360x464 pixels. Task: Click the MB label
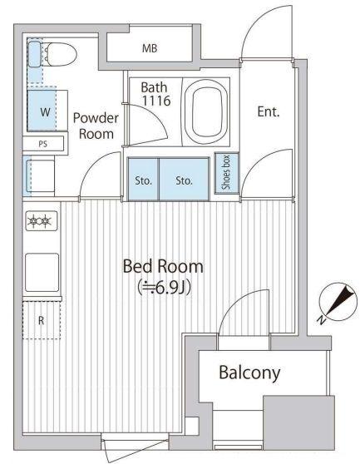(x=150, y=48)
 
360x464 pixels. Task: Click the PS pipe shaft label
(x=43, y=144)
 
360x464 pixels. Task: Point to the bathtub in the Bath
(x=206, y=112)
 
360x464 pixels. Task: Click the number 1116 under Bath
(x=156, y=101)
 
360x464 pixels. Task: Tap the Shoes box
(x=227, y=174)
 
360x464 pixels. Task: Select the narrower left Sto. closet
(x=144, y=180)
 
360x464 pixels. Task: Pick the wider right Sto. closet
(x=185, y=180)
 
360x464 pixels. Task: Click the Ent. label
(x=269, y=112)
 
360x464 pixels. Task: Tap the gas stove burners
(x=42, y=220)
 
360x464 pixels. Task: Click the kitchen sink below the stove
(x=42, y=272)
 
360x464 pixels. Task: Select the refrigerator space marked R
(x=42, y=320)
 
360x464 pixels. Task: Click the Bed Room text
(x=163, y=266)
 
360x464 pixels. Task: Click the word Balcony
(x=249, y=373)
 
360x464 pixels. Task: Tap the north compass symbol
(x=338, y=302)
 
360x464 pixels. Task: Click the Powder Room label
(x=96, y=126)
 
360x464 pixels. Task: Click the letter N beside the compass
(x=321, y=320)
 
